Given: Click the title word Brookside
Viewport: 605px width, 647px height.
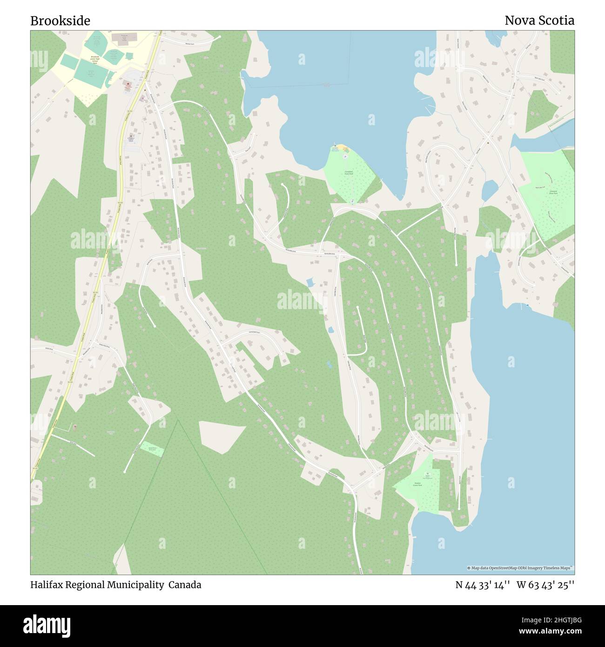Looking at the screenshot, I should coord(60,20).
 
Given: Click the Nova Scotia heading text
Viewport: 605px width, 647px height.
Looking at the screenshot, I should coord(539,20).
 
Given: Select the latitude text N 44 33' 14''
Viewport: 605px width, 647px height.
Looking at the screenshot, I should coord(483,585).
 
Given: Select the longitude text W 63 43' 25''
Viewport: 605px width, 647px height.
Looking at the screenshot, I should coord(545,585).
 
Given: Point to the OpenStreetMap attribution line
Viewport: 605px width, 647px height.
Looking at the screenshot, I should coord(520,568).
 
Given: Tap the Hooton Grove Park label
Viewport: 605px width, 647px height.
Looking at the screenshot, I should coord(417,485).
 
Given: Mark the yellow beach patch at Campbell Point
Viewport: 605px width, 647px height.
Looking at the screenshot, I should coord(343,148).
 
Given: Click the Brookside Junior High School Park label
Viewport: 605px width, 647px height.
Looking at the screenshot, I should coord(95,60).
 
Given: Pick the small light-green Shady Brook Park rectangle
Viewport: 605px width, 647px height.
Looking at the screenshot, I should coord(152,448).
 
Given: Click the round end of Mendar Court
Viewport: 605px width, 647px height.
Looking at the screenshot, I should coord(219,37).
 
